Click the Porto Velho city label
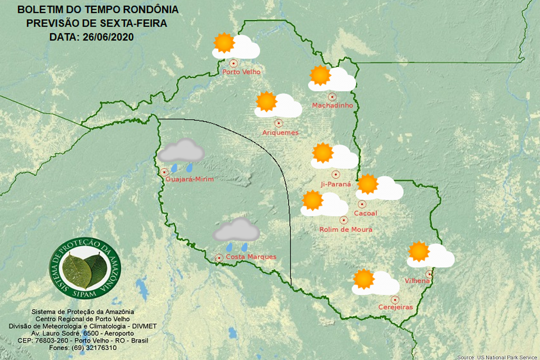pyautogui.click(x=242, y=72)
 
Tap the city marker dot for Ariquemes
pyautogui.click(x=278, y=123)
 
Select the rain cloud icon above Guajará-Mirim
pyautogui.click(x=181, y=151)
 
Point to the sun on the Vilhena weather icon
pyautogui.click(x=418, y=251)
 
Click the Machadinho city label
pyautogui.click(x=332, y=106)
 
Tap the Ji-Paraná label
pyautogui.click(x=335, y=184)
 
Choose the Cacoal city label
pyautogui.click(x=366, y=213)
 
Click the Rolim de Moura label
pyautogui.click(x=345, y=229)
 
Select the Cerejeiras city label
pyautogui.click(x=395, y=307)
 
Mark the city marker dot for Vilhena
pyautogui.click(x=429, y=273)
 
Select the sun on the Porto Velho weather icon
pyautogui.click(x=223, y=43)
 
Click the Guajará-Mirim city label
pyautogui.click(x=190, y=179)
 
